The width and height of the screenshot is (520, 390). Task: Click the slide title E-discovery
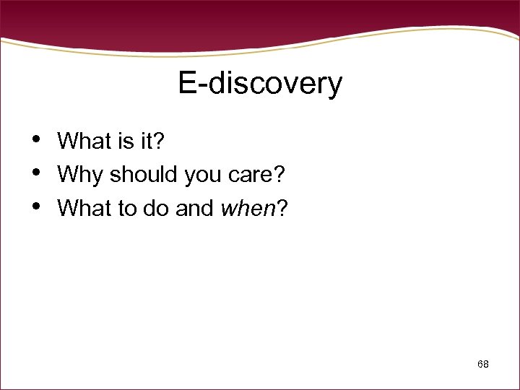[260, 84]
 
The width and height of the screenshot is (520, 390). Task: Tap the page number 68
[483, 365]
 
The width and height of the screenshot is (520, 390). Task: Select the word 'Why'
[78, 175]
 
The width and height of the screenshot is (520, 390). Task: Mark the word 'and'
[194, 208]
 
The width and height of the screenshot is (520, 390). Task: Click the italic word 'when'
[248, 208]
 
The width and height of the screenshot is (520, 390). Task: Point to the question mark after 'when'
[282, 208]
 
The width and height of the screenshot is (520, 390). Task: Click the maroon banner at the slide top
[260, 18]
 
